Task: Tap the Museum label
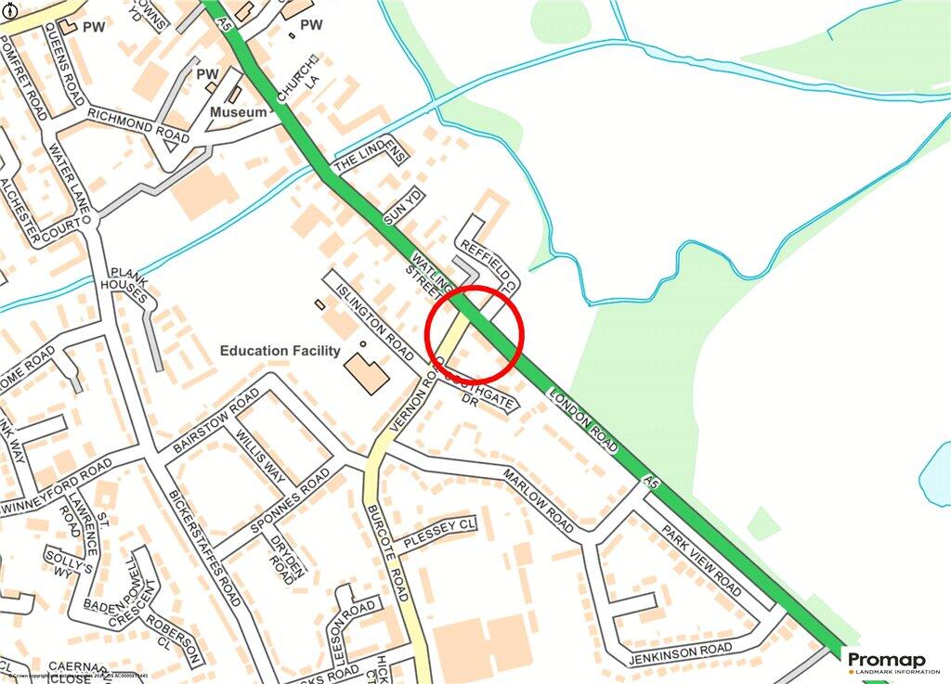coord(238,111)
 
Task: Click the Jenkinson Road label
coord(681,652)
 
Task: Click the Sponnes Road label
coord(288,503)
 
